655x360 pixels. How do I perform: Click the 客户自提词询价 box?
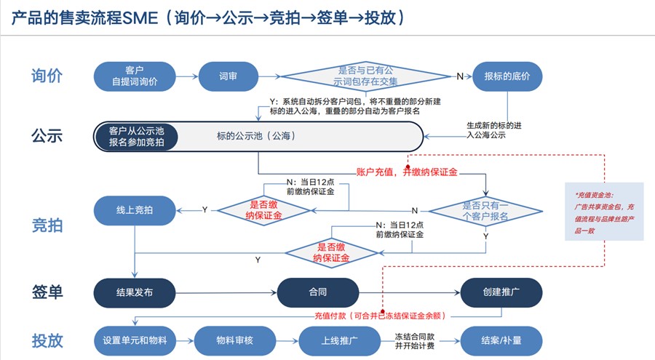135,76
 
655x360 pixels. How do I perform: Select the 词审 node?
229,76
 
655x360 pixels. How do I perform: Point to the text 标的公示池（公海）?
256,136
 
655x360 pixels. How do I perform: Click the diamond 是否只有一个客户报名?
486,211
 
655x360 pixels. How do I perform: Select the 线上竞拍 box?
135,211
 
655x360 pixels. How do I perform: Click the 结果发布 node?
135,292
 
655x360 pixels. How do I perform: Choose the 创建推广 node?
501,292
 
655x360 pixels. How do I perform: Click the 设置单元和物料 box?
135,339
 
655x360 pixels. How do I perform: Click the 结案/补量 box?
501,339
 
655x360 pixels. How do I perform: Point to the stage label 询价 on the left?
47,76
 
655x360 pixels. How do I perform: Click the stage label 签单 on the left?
47,292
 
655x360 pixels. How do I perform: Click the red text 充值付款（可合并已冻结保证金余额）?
379,316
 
